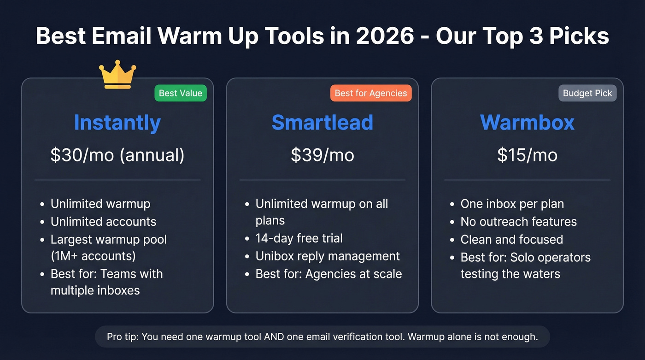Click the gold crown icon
tap(117, 75)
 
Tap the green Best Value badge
tap(181, 93)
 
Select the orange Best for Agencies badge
tap(371, 93)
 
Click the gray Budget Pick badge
tap(587, 93)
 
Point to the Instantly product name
tap(117, 123)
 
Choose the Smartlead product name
tap(322, 123)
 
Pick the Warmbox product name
tap(527, 123)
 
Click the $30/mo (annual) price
tap(117, 155)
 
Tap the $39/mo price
tap(322, 155)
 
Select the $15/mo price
tap(527, 155)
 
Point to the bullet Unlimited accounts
tap(103, 222)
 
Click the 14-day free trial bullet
tap(299, 238)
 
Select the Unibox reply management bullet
tap(328, 256)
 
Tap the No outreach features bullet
tap(518, 222)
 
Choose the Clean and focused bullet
tap(511, 240)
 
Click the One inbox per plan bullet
tap(512, 204)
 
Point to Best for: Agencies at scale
tap(328, 274)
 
